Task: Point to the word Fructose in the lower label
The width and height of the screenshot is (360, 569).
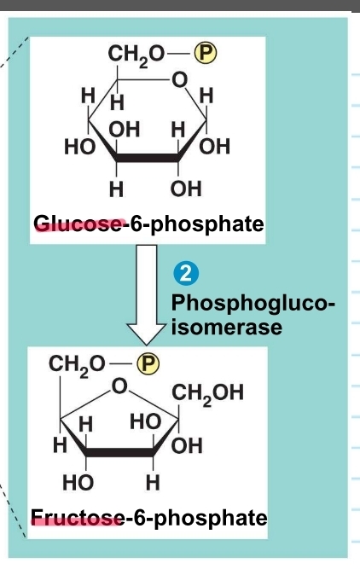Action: tap(73, 517)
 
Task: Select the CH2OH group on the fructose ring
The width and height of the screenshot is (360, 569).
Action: tap(208, 393)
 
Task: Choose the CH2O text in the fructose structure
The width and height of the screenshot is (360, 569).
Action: tap(76, 363)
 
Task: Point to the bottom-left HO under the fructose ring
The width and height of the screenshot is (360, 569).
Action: tap(79, 482)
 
